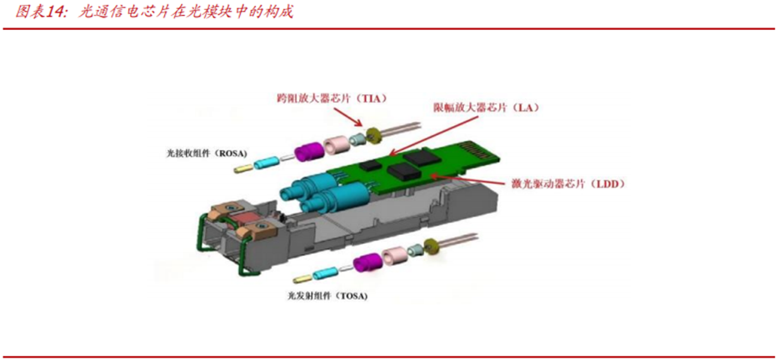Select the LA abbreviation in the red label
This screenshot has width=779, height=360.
(x=517, y=107)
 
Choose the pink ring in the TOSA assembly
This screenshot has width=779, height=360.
(x=393, y=257)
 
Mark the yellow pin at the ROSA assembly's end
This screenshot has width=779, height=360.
(x=241, y=169)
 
